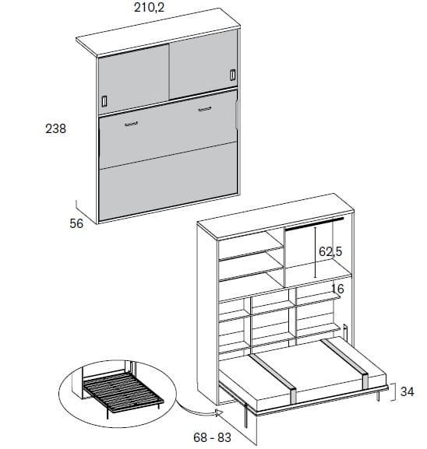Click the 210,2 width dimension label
(x=149, y=8)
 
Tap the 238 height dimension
(x=55, y=128)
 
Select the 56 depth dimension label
(x=76, y=223)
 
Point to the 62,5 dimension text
(x=330, y=251)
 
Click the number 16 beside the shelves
(x=337, y=289)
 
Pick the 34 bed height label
(x=408, y=391)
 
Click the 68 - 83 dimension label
(x=212, y=437)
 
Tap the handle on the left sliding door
(x=104, y=101)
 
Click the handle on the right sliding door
(x=232, y=75)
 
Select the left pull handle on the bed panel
(x=132, y=124)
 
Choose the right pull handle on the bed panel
(x=204, y=109)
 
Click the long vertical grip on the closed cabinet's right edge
(x=237, y=114)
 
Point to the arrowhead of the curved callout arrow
(x=220, y=413)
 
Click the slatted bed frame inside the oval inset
(x=123, y=391)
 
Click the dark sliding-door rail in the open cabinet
(x=314, y=224)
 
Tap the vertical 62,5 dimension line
(x=315, y=252)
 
